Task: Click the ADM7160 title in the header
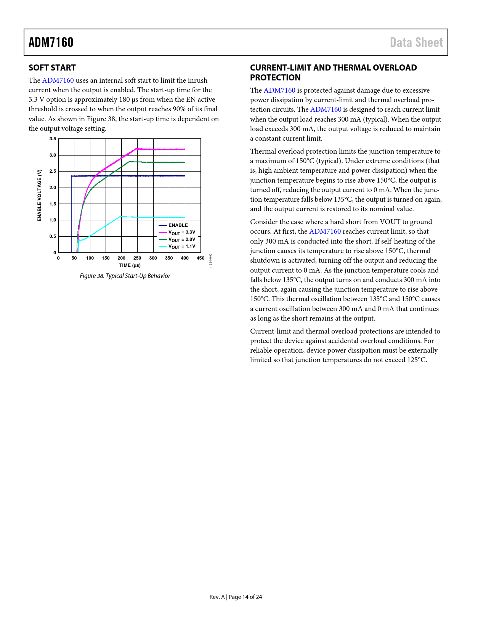click(51, 42)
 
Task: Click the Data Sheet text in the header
click(416, 42)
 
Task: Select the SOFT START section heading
click(52, 68)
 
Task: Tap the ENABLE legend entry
click(178, 225)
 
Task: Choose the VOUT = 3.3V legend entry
click(181, 233)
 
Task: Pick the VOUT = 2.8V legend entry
click(181, 240)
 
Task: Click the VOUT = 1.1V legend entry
click(181, 247)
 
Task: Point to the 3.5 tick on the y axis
click(53, 139)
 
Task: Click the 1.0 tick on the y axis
click(53, 220)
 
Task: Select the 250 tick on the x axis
click(137, 258)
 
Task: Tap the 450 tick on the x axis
click(200, 258)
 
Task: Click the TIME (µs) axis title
click(130, 265)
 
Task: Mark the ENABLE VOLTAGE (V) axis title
click(39, 196)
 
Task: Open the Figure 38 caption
click(125, 276)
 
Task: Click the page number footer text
click(236, 597)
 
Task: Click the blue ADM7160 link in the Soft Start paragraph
click(58, 80)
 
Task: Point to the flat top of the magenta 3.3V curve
click(160, 149)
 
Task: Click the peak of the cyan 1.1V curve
click(122, 217)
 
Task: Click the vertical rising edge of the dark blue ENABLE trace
click(71, 213)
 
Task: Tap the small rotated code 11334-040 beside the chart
click(211, 260)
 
